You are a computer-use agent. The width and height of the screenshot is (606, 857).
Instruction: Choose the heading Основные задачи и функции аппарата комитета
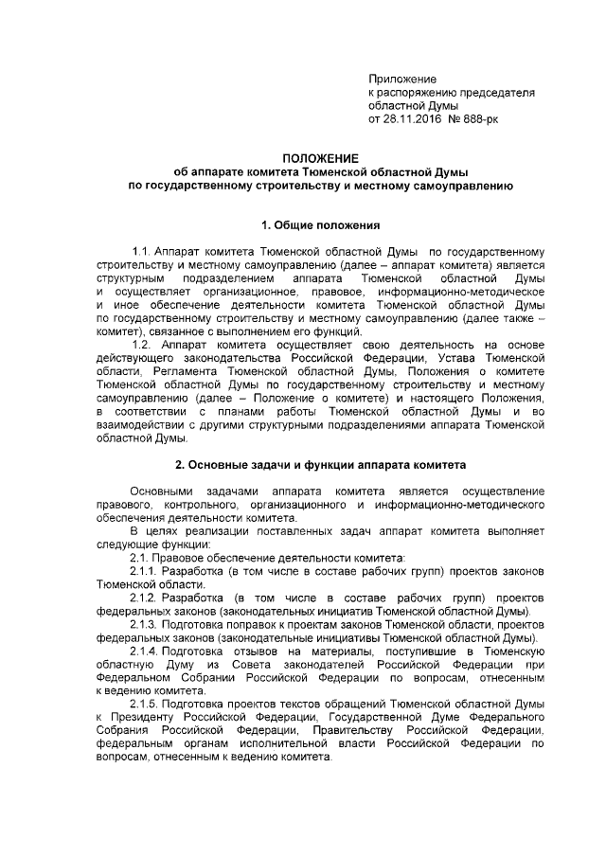[320, 464]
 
